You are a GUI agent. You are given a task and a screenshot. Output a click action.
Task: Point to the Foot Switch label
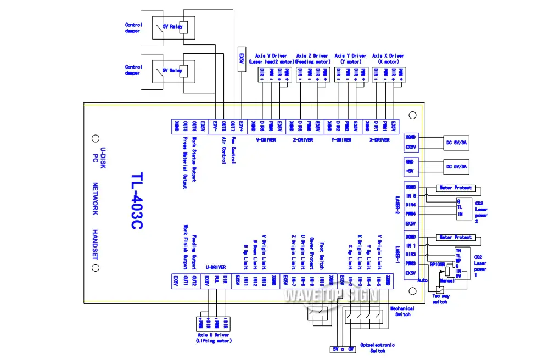(321, 254)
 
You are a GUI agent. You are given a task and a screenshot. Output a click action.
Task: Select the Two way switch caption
(440, 298)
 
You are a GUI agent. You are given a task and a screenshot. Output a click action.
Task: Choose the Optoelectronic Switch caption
(377, 347)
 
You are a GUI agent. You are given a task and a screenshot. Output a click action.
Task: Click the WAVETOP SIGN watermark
(330, 296)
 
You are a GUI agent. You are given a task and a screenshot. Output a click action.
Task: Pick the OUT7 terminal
(233, 126)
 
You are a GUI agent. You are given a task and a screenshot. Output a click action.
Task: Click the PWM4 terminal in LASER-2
(410, 213)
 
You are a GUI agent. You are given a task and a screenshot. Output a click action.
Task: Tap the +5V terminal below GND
(410, 171)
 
